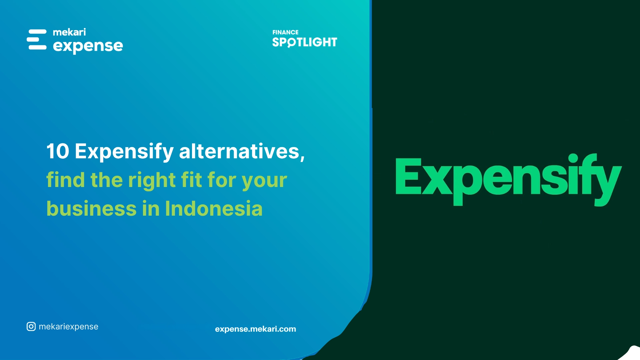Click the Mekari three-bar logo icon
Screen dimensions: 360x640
[x=37, y=40]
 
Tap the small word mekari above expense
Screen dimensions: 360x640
[x=69, y=32]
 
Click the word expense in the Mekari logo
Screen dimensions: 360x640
[x=88, y=46]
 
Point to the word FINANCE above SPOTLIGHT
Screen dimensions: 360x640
[x=285, y=32]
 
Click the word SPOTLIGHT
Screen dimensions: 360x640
[x=305, y=42]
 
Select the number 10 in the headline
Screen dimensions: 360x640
[x=58, y=151]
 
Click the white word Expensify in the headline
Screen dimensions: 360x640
[x=124, y=152]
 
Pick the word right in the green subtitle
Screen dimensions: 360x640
[x=152, y=181]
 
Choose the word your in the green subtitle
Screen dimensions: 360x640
[x=264, y=181]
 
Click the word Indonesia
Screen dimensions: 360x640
[x=214, y=209]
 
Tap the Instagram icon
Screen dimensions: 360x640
[x=31, y=327]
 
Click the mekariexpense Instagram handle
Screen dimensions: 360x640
[x=68, y=327]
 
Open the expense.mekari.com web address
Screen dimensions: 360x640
[x=255, y=329]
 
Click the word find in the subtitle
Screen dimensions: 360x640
[x=65, y=180]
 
